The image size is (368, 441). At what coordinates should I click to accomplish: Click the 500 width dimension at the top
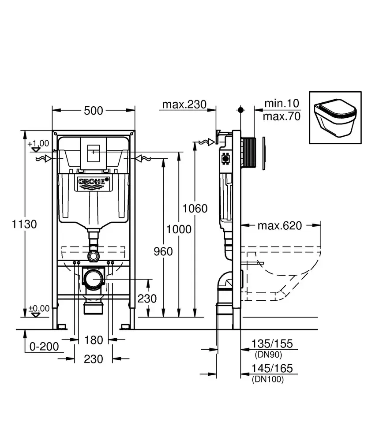(x=93, y=110)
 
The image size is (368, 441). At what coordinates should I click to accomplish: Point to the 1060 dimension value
(x=195, y=208)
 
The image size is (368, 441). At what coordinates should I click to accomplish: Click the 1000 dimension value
(x=179, y=229)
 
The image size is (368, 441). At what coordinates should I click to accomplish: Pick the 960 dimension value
(x=163, y=251)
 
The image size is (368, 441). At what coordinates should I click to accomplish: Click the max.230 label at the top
(x=184, y=105)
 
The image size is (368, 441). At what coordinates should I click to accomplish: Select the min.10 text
(x=282, y=104)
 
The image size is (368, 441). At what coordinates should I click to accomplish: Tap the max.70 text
(x=282, y=116)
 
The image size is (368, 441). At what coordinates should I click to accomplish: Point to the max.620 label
(x=280, y=226)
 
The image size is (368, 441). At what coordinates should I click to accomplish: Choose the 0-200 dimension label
(x=44, y=346)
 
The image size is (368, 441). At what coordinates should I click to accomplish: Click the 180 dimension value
(x=93, y=340)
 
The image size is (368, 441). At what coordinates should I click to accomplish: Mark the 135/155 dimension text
(x=272, y=344)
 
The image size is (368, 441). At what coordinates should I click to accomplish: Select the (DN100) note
(x=268, y=379)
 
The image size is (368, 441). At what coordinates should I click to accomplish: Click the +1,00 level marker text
(x=38, y=143)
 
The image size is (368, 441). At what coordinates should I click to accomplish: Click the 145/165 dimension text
(x=272, y=368)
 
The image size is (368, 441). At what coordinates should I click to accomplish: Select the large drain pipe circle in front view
(x=93, y=279)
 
